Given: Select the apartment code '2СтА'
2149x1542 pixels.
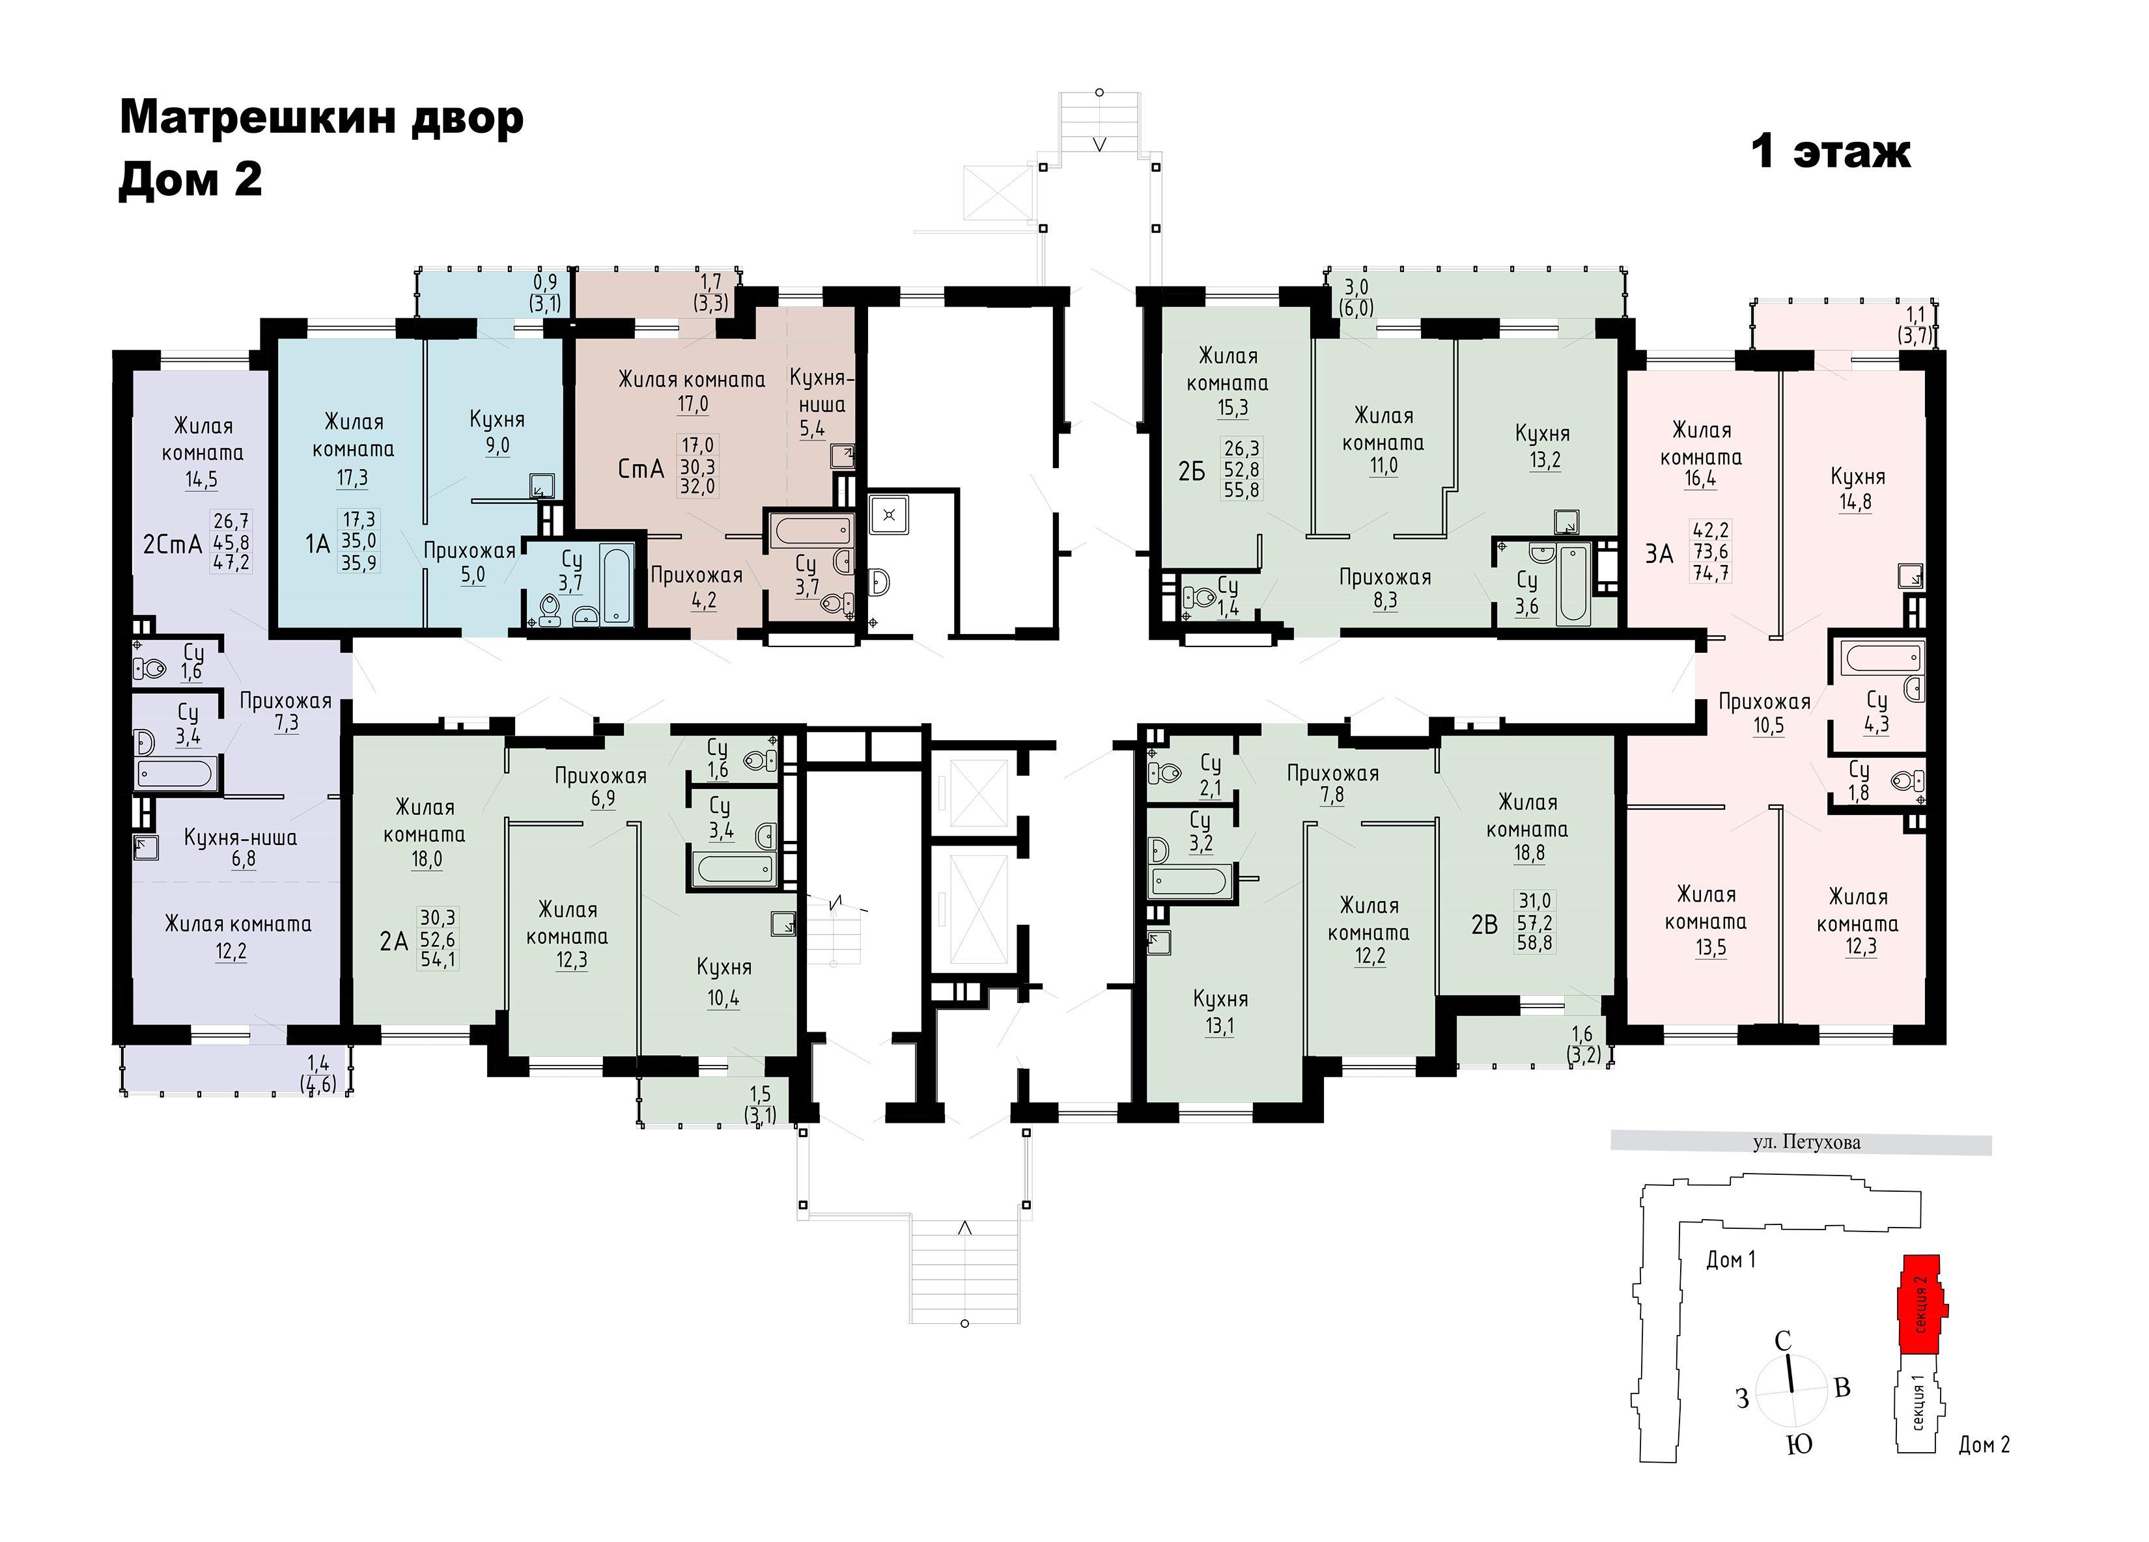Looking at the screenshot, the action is tap(173, 545).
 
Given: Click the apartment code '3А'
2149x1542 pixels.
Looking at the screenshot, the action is tap(1659, 554).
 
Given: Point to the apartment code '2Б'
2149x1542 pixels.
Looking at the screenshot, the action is tap(1192, 471).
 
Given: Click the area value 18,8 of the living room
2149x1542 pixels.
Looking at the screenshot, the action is tap(1528, 853).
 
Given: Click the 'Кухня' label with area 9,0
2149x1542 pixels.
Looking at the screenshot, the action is tap(496, 420).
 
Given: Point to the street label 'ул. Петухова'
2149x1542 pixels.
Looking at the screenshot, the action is tap(1806, 1142).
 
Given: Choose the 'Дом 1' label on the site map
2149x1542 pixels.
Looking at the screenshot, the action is tap(1730, 1260).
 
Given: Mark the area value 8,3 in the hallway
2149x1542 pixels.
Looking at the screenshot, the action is tap(1384, 601).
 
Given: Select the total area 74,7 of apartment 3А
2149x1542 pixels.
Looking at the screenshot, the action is tap(1711, 573).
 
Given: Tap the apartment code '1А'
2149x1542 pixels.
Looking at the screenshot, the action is tap(317, 543).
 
